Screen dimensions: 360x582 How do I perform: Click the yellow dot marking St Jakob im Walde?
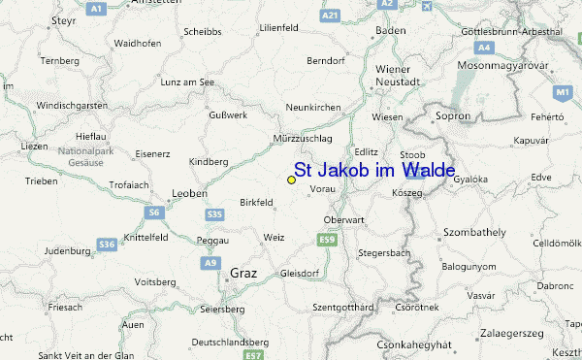click(291, 180)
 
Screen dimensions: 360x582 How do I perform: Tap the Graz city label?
click(243, 273)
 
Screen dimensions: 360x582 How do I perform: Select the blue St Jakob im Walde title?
click(373, 171)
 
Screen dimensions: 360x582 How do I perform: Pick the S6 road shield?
click(154, 212)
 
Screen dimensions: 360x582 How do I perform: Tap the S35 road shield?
click(215, 213)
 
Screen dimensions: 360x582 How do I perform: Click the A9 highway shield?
click(210, 263)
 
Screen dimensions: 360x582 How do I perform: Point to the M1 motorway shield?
click(562, 92)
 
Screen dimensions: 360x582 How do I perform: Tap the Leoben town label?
click(189, 193)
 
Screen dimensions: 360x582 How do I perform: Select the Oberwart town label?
click(343, 219)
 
